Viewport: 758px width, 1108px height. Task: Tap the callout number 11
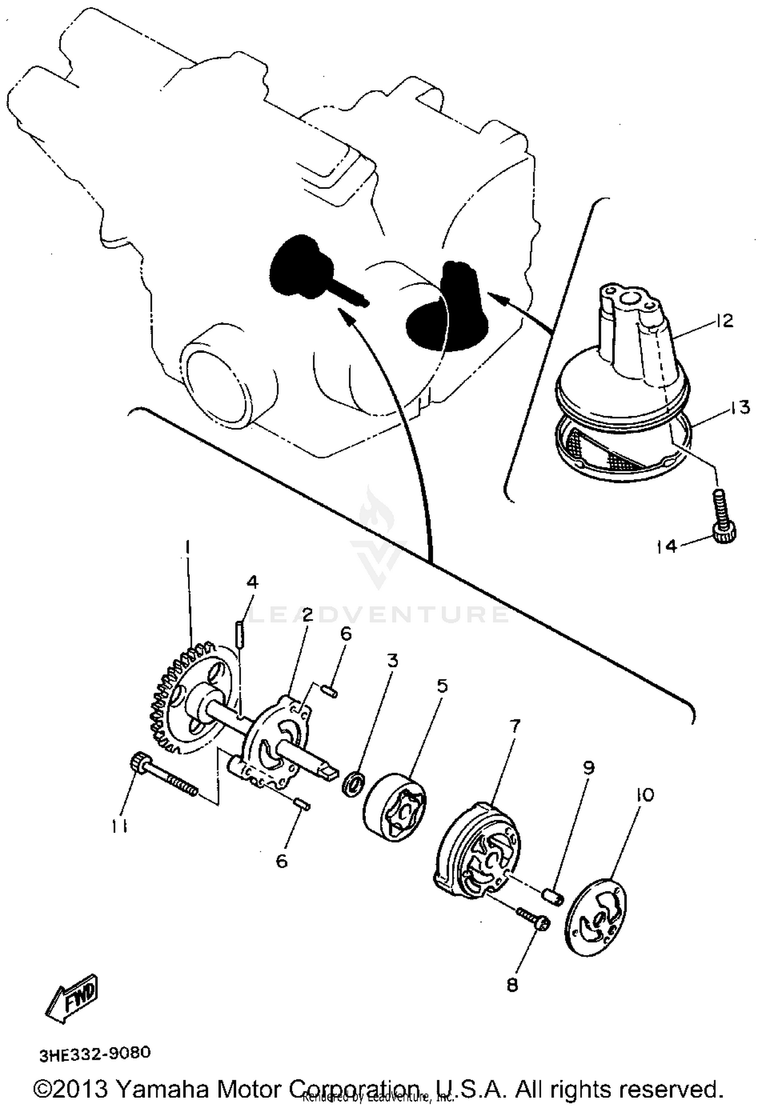point(120,826)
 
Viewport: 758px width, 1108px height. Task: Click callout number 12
point(724,321)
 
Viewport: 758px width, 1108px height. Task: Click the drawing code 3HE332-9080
point(96,1052)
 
